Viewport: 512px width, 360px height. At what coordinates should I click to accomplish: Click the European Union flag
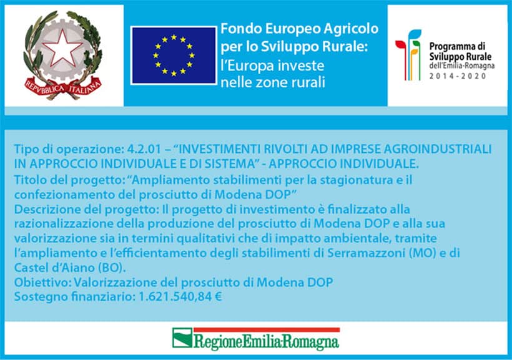tap(174, 56)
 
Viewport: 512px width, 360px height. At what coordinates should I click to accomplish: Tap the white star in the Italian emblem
tap(62, 47)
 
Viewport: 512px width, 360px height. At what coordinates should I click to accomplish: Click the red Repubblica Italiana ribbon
tap(62, 88)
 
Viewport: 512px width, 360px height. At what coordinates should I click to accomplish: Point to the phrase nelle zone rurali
tap(273, 82)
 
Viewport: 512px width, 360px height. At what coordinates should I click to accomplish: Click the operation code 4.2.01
tap(144, 149)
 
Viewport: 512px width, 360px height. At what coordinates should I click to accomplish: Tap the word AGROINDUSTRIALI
tap(437, 149)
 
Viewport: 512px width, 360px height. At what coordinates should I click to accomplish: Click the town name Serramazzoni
tap(366, 253)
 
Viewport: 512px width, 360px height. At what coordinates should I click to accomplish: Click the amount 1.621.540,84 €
tap(180, 297)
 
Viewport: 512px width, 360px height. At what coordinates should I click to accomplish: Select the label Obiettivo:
tap(42, 282)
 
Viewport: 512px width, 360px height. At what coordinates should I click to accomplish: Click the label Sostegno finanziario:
tap(74, 297)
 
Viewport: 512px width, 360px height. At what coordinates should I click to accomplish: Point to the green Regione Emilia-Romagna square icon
tap(182, 338)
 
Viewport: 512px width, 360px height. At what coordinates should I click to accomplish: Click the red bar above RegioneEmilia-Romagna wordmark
tap(267, 329)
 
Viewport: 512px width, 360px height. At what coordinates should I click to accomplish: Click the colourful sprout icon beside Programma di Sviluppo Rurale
tap(408, 55)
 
